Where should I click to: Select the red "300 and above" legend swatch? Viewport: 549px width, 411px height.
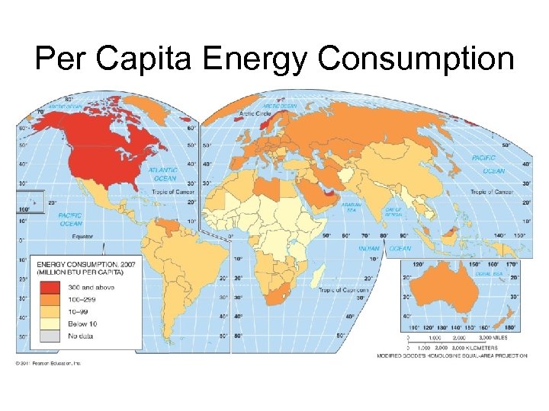(x=50, y=287)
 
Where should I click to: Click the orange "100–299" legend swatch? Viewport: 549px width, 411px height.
(x=50, y=299)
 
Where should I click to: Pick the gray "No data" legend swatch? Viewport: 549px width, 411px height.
(x=50, y=336)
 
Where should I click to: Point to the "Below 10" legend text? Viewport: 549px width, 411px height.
(x=83, y=323)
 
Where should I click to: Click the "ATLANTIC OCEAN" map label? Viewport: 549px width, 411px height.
(x=163, y=174)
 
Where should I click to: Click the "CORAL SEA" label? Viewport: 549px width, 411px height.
(x=488, y=272)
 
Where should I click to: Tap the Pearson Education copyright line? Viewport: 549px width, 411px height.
(x=50, y=362)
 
